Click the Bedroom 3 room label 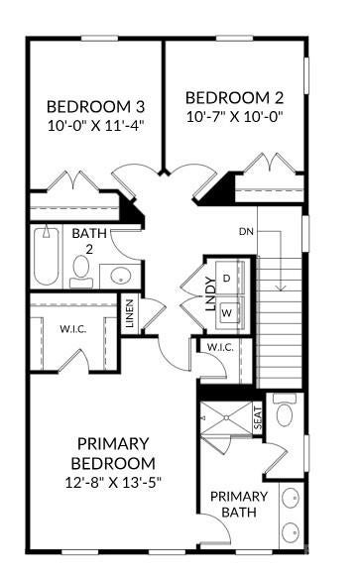coord(95,106)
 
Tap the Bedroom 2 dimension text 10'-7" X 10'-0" coord(235,117)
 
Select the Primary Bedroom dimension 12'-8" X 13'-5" coord(113,482)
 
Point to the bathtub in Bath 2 coord(47,256)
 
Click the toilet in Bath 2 coord(81,271)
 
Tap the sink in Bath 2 coord(121,275)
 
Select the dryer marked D coord(229,278)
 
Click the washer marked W coord(229,312)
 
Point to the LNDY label coord(210,294)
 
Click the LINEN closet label coord(130,313)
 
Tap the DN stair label coord(247,232)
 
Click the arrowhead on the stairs coord(282,288)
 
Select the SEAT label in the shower coord(258,418)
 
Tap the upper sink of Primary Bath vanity coord(291,499)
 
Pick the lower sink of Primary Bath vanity coord(291,532)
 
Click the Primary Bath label coord(239,504)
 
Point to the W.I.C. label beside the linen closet coord(73,329)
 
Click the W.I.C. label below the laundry coord(220,347)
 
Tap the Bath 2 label coord(89,241)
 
